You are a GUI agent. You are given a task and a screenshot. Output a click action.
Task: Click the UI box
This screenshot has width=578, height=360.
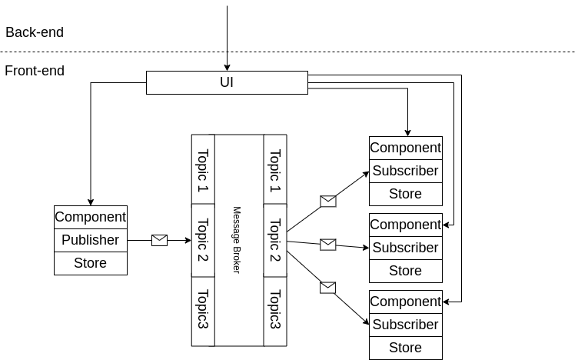227,82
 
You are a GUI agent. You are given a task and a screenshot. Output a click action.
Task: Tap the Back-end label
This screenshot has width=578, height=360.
35,32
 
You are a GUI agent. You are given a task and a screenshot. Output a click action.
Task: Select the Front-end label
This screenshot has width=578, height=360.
35,71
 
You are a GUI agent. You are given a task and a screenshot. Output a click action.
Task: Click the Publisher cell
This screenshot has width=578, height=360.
91,240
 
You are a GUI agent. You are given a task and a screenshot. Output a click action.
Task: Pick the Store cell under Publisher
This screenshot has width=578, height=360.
91,263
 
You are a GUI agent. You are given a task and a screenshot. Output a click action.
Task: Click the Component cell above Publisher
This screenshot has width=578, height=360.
91,217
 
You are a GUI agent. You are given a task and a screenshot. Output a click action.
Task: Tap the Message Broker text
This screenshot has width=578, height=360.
238,239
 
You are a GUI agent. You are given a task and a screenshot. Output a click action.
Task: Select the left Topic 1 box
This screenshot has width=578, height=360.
203,169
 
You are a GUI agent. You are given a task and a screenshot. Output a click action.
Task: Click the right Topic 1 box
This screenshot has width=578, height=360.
274,169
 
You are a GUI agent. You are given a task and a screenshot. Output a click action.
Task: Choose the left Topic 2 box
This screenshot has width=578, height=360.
203,239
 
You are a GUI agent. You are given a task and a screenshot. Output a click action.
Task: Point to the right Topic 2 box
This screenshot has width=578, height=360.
274,239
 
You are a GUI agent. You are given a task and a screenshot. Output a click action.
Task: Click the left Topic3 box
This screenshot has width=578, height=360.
203,310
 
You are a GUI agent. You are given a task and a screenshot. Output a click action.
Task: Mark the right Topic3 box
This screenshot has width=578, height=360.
274,310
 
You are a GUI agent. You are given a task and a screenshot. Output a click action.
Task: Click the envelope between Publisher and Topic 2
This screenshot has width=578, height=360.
159,240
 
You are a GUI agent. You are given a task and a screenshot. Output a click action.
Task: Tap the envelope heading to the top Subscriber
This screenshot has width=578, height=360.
328,201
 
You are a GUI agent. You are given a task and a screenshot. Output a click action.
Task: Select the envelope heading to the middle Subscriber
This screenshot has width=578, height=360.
328,245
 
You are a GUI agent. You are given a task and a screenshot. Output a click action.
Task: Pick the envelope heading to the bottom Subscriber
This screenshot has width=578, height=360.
328,288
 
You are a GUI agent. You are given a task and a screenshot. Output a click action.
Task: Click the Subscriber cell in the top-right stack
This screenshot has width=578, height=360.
406,171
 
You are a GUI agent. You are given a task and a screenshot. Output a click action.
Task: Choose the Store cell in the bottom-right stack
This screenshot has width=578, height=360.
406,348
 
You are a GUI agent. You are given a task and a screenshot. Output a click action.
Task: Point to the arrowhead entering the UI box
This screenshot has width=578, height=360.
227,67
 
